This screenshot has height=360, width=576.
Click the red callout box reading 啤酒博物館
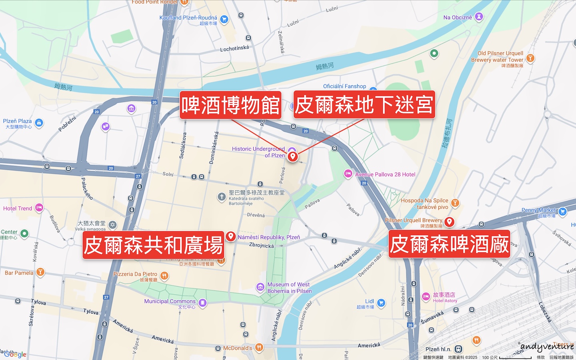pos(230,105)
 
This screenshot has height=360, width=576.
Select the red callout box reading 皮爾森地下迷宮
pos(364,105)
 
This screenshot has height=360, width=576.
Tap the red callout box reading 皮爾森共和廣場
pos(153,245)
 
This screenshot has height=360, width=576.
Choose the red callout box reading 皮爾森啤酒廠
pos(449,244)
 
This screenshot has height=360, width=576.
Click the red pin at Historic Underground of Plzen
pos(292,156)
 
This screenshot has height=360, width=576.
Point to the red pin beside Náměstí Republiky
pos(230,236)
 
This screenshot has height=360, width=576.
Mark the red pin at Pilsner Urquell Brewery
pos(449,222)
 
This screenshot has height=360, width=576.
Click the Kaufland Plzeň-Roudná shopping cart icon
pos(224,19)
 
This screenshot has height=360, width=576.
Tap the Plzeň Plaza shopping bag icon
pos(39,123)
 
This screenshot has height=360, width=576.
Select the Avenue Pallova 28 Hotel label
pos(385,174)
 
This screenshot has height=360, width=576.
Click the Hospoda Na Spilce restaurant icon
pos(455,203)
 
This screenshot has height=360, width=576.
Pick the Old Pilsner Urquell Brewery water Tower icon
pos(530,58)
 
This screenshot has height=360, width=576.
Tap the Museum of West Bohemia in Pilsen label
pos(289,288)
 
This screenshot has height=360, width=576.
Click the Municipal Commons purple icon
pos(202,303)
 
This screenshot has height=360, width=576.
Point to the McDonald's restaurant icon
pos(259,348)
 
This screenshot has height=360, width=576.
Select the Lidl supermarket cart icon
pos(381,303)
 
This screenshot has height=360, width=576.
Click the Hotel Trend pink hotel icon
pos(39,208)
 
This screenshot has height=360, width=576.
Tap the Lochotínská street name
pos(234,48)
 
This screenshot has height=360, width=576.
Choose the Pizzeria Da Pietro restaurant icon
pos(164,276)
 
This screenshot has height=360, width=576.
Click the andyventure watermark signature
pos(547,346)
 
